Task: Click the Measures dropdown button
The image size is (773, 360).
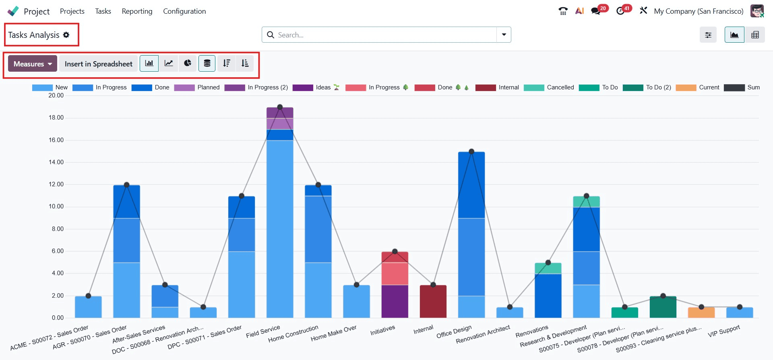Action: [x=32, y=64]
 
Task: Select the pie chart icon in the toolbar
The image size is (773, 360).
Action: [x=188, y=63]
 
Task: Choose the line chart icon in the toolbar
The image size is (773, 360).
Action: [x=169, y=63]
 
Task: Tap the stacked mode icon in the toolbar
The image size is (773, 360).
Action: [x=207, y=63]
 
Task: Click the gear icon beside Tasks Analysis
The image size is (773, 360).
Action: [x=66, y=35]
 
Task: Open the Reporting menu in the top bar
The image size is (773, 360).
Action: [x=137, y=11]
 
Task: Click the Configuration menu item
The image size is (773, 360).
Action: [x=184, y=11]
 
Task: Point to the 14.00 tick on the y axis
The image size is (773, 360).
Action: [x=56, y=162]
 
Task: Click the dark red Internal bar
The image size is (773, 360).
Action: [x=433, y=302]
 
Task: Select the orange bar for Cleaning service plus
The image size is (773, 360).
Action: [x=701, y=313]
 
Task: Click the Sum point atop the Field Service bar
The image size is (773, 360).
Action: [x=280, y=107]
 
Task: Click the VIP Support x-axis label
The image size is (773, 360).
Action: [x=723, y=331]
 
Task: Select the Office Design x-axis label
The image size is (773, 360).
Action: [x=454, y=332]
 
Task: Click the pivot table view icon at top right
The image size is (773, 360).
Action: [x=755, y=35]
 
